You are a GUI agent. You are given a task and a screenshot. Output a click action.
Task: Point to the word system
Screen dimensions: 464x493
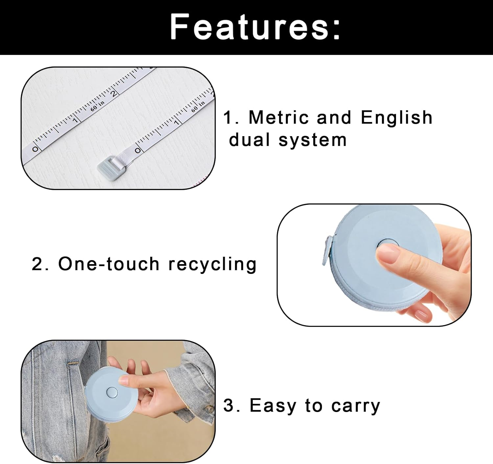click(x=313, y=140)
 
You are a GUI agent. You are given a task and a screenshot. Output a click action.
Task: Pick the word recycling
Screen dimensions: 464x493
click(x=212, y=264)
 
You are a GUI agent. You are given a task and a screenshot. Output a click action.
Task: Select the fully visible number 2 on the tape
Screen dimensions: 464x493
click(x=113, y=93)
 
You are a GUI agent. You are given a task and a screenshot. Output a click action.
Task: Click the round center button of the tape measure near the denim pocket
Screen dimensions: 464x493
click(x=112, y=392)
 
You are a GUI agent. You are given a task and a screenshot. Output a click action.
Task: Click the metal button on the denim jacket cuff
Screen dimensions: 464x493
click(x=209, y=409)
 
